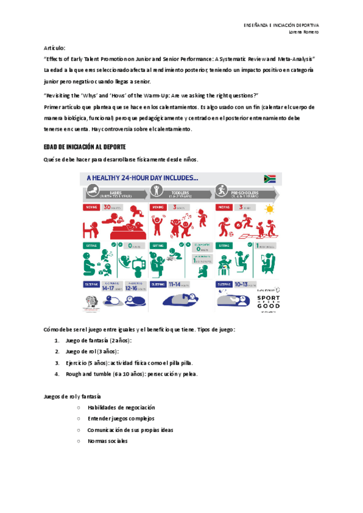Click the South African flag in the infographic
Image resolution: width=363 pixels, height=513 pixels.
point(270,178)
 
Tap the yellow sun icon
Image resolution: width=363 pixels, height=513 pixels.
point(270,209)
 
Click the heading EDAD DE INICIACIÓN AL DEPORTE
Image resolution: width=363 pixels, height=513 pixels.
point(84,147)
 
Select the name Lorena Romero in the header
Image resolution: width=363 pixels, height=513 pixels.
point(304,31)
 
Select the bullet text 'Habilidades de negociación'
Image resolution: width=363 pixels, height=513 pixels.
point(121,408)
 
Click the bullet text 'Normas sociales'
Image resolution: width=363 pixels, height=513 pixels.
point(108,441)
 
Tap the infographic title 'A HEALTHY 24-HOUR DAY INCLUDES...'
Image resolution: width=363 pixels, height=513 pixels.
point(143,178)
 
